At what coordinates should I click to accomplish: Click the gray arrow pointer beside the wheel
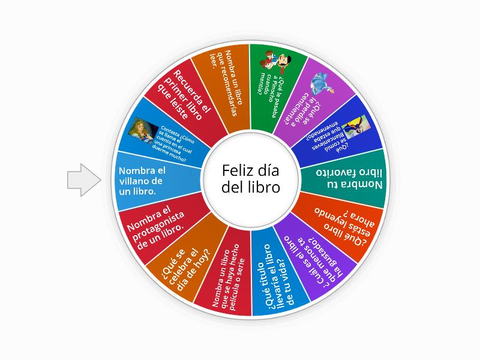pyautogui.click(x=83, y=179)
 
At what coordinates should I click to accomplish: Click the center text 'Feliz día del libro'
pyautogui.click(x=250, y=179)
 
